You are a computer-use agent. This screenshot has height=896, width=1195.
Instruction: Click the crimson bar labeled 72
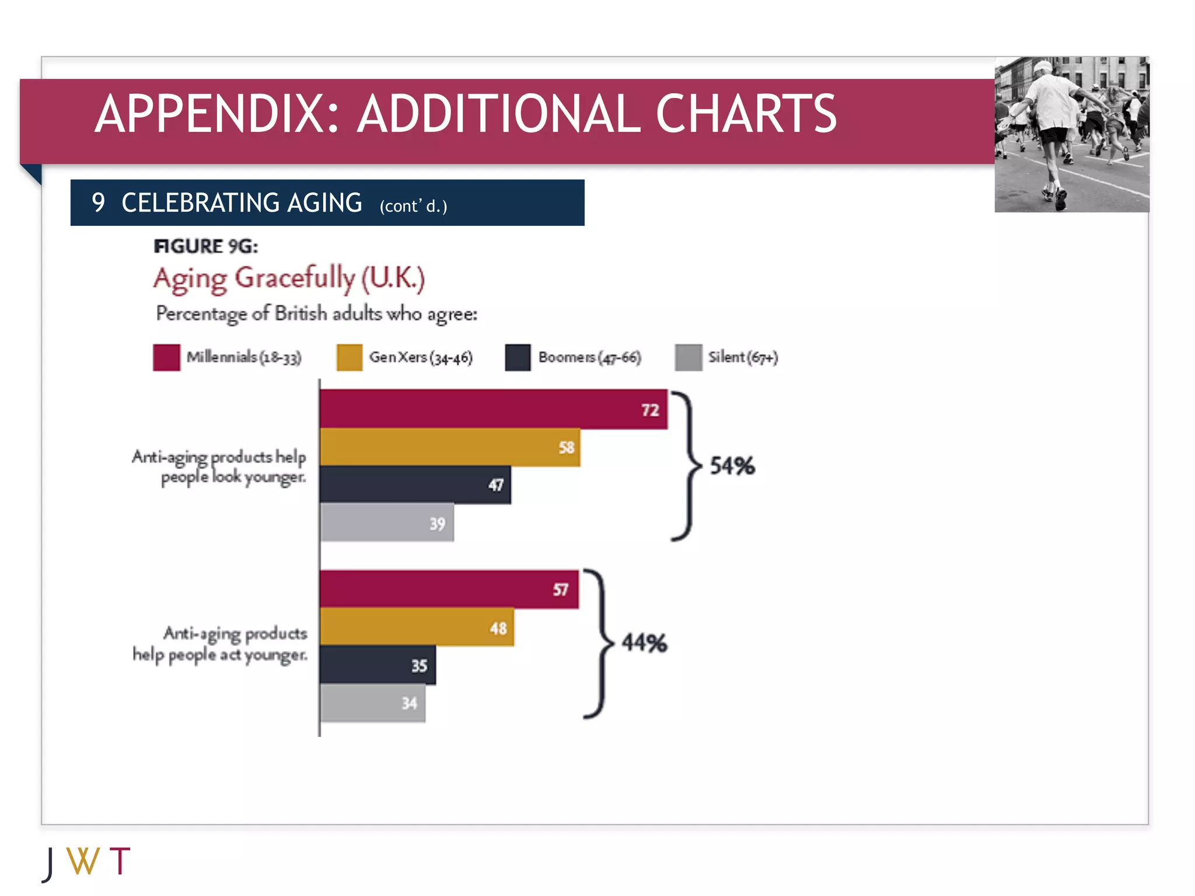click(493, 409)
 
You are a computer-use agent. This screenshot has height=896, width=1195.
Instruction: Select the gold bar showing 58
click(449, 447)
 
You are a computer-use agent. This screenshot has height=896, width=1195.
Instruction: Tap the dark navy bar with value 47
click(415, 484)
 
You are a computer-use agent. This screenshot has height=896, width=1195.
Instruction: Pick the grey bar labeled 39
click(386, 522)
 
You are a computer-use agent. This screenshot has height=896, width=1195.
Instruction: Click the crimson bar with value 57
click(449, 589)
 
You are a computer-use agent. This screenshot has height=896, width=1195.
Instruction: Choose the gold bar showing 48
click(417, 627)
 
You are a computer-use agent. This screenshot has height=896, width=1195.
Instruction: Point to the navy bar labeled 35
click(378, 664)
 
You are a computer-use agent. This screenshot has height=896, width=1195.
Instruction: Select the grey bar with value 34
click(372, 702)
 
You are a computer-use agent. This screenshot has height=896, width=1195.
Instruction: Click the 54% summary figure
click(732, 466)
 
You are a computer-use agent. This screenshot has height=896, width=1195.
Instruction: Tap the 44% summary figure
click(644, 642)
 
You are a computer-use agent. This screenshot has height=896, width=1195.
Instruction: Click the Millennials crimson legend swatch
click(166, 357)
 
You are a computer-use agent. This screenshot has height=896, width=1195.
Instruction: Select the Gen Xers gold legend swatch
click(350, 357)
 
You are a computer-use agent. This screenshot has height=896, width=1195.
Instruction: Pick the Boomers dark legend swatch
click(518, 357)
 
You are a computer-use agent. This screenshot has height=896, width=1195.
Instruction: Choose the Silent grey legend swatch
click(688, 357)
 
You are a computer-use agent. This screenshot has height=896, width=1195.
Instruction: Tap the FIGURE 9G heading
click(205, 246)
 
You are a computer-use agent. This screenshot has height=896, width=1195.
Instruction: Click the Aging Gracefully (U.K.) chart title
click(289, 278)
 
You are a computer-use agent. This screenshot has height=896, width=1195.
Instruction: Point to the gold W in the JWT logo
click(83, 861)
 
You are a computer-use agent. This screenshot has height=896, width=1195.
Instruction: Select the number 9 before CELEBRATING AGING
click(98, 203)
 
